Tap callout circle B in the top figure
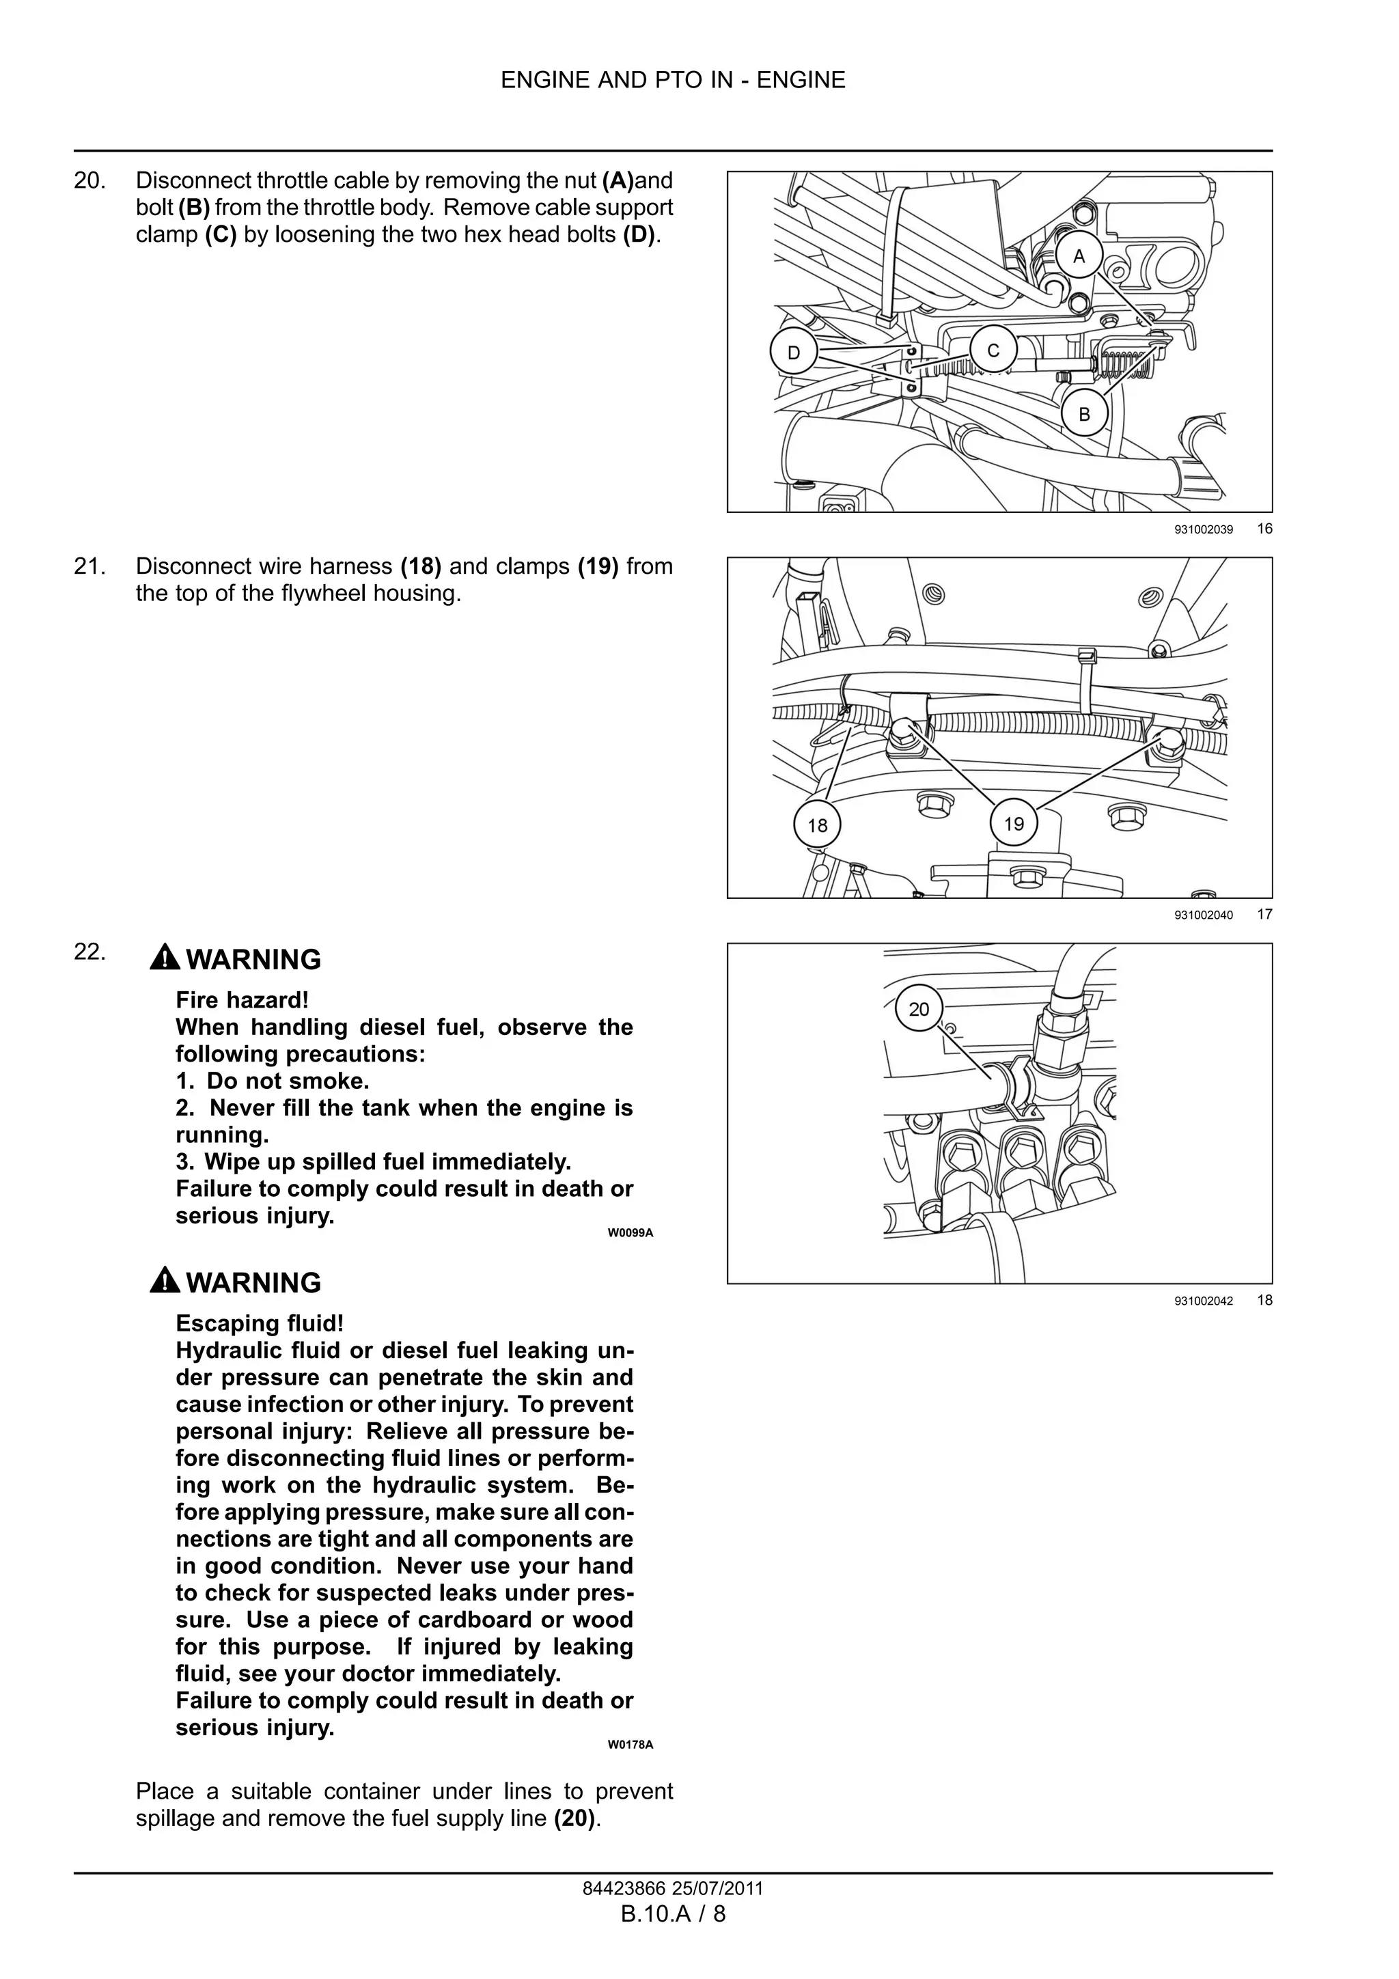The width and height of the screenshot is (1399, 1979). (x=1083, y=414)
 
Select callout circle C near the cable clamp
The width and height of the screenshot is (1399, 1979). (x=993, y=351)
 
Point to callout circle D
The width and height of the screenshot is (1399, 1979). (x=794, y=352)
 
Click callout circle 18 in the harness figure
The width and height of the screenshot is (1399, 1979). (x=817, y=825)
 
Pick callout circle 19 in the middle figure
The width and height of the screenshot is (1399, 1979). (x=1014, y=823)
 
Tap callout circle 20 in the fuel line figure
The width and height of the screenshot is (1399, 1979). (x=919, y=1008)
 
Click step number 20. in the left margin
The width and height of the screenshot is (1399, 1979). (x=89, y=181)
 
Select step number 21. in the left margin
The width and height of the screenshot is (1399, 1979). (x=89, y=566)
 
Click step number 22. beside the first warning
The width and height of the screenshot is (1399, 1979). (x=89, y=952)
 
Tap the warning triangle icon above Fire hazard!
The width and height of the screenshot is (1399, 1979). (x=165, y=958)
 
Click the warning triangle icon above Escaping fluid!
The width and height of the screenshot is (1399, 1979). (x=165, y=1281)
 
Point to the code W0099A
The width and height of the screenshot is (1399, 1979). (x=630, y=1232)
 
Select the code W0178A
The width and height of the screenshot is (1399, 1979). (x=630, y=1745)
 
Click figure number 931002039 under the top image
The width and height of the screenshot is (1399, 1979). (x=1204, y=530)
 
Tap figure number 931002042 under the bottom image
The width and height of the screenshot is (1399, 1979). (x=1204, y=1301)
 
